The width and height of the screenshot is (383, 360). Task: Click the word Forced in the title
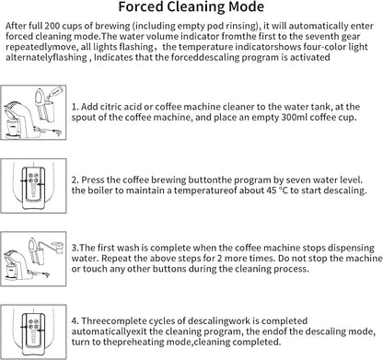[140, 6]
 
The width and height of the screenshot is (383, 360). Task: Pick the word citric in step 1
[110, 107]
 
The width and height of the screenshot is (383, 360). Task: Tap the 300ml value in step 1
[294, 117]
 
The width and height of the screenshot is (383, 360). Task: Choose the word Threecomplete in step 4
[113, 321]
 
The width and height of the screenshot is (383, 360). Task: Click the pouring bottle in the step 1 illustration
[55, 92]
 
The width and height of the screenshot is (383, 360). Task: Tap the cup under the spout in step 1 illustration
[14, 126]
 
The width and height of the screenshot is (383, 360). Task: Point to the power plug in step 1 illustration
[57, 133]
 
